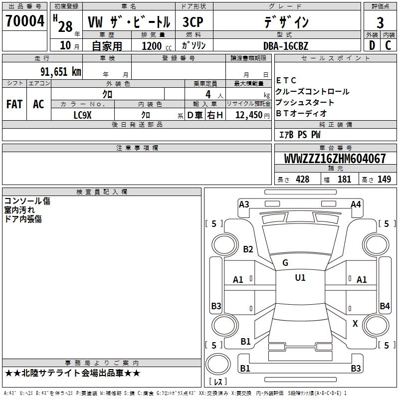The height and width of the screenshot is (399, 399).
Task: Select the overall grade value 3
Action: [380, 22]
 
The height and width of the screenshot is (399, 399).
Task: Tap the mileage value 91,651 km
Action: [60, 71]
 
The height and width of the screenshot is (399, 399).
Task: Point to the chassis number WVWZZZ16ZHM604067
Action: [335, 159]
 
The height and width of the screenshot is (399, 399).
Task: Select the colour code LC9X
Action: [83, 115]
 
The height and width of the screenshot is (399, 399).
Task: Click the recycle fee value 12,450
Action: [249, 115]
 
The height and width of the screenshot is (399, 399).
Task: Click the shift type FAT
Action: [14, 104]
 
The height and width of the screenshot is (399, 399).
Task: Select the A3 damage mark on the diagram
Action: [244, 204]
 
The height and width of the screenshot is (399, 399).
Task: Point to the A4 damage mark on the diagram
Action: [356, 204]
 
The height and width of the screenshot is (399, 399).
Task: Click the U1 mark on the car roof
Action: [300, 278]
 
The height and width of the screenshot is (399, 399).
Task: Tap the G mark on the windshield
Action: [285, 263]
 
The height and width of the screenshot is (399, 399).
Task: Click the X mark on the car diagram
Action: [355, 324]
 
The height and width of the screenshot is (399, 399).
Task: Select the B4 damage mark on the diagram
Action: [385, 306]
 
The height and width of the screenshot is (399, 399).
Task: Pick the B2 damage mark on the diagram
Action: [248, 249]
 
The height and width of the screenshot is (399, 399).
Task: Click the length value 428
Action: [302, 180]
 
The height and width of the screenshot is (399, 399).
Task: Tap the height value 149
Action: [384, 180]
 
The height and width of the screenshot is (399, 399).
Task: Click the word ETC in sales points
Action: [286, 80]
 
